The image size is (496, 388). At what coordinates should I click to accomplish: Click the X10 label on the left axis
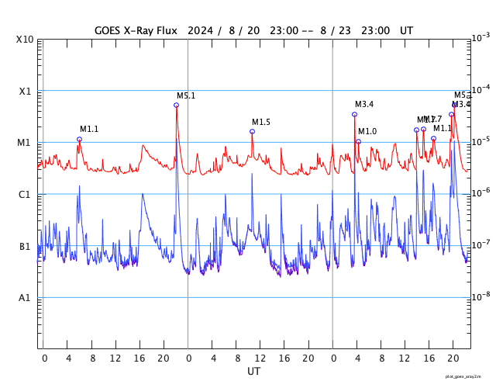tap(26, 40)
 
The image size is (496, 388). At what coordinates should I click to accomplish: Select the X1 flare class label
tap(26, 92)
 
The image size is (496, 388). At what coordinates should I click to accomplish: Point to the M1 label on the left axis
tap(26, 143)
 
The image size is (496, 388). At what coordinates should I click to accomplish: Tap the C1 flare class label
tap(26, 195)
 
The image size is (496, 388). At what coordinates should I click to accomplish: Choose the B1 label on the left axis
tap(26, 247)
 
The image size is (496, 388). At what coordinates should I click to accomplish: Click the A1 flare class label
tap(26, 298)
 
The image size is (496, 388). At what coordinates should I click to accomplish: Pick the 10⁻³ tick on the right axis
tap(482, 38)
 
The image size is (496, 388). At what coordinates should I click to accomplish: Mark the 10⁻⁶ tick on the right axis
tap(482, 193)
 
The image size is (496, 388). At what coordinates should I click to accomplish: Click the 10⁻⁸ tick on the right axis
tap(482, 296)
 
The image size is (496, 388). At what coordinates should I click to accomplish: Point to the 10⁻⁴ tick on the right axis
tap(482, 90)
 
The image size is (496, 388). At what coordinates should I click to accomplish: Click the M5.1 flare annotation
tap(186, 95)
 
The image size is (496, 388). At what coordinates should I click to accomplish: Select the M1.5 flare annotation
tap(261, 122)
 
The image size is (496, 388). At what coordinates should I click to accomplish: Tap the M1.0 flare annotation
tap(367, 132)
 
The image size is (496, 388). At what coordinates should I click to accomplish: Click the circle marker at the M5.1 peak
tap(177, 105)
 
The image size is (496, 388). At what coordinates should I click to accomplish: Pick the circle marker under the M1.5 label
tap(252, 131)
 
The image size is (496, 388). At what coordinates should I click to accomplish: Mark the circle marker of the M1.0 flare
tap(358, 141)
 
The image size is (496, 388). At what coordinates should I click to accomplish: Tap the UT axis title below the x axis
tap(254, 371)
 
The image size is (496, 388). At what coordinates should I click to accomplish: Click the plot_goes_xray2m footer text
tap(468, 376)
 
